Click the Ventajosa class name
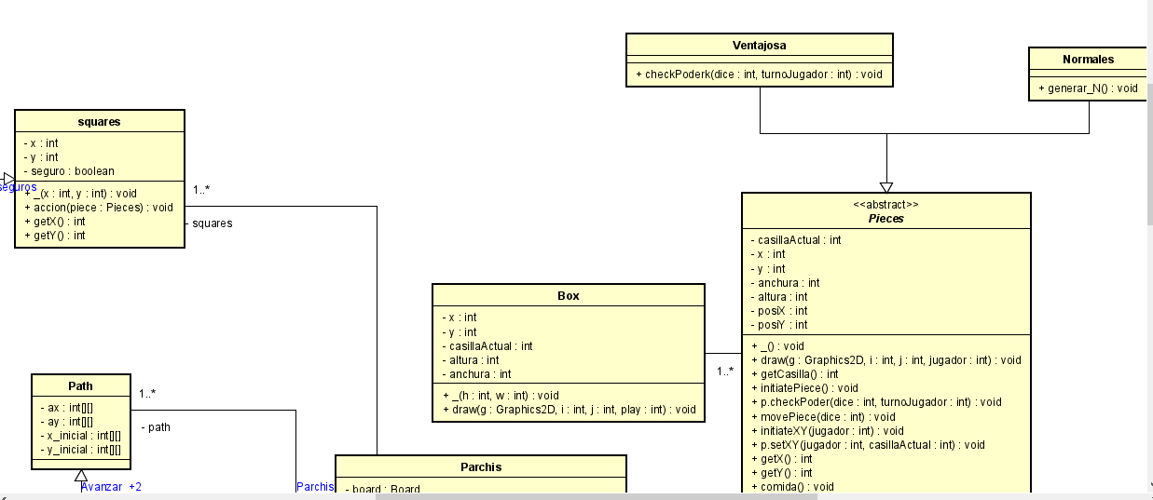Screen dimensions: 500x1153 pyautogui.click(x=759, y=46)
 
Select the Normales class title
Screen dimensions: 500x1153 pyautogui.click(x=1088, y=59)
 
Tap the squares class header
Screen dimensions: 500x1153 pyautogui.click(x=99, y=121)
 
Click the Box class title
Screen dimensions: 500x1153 pyautogui.click(x=568, y=295)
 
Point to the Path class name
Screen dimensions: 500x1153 pyautogui.click(x=80, y=385)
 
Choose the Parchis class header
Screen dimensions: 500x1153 pyautogui.click(x=480, y=466)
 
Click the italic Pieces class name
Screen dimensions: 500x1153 pyautogui.click(x=885, y=219)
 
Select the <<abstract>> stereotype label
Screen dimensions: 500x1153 pyautogui.click(x=885, y=205)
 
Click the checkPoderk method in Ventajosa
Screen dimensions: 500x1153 pyautogui.click(x=759, y=74)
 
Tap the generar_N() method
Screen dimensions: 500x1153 pyautogui.click(x=1088, y=88)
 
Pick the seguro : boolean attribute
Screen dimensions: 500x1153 pyautogui.click(x=69, y=171)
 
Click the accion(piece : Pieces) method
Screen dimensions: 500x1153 pyautogui.click(x=98, y=208)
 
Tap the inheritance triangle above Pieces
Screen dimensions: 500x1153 pyautogui.click(x=886, y=186)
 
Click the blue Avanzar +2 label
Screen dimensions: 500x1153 pyautogui.click(x=111, y=486)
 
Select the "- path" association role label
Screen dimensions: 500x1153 pyautogui.click(x=157, y=427)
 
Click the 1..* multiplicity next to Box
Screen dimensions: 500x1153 pyautogui.click(x=724, y=372)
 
